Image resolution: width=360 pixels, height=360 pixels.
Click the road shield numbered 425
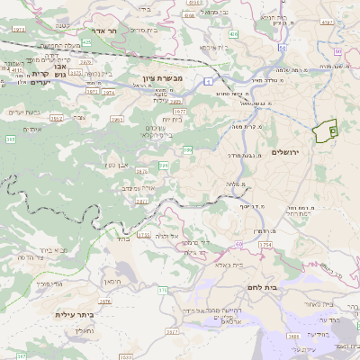pyautogui.click(x=86, y=41)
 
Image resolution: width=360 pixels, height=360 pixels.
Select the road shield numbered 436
pyautogui.click(x=233, y=33)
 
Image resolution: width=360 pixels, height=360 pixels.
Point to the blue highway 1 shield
pyautogui.click(x=208, y=82)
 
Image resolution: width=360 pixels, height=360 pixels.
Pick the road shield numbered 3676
pyautogui.click(x=105, y=301)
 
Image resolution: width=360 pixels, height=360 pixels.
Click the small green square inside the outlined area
pyautogui.click(x=332, y=130)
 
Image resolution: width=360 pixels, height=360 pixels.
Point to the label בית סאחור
pyautogui.click(x=319, y=305)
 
